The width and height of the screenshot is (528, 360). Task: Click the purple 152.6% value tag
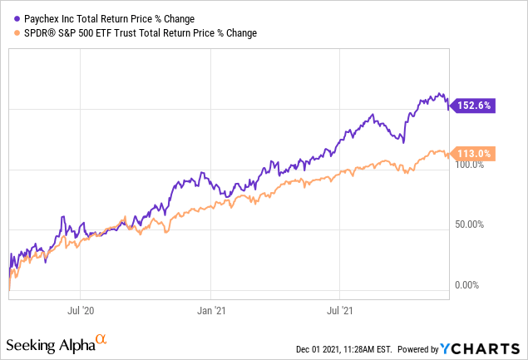pyautogui.click(x=474, y=106)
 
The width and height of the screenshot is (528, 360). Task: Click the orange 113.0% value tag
pyautogui.click(x=474, y=153)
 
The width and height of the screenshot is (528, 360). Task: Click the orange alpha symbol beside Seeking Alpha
pyautogui.click(x=101, y=339)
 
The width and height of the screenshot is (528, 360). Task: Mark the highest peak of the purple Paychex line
pyautogui.click(x=439, y=93)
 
